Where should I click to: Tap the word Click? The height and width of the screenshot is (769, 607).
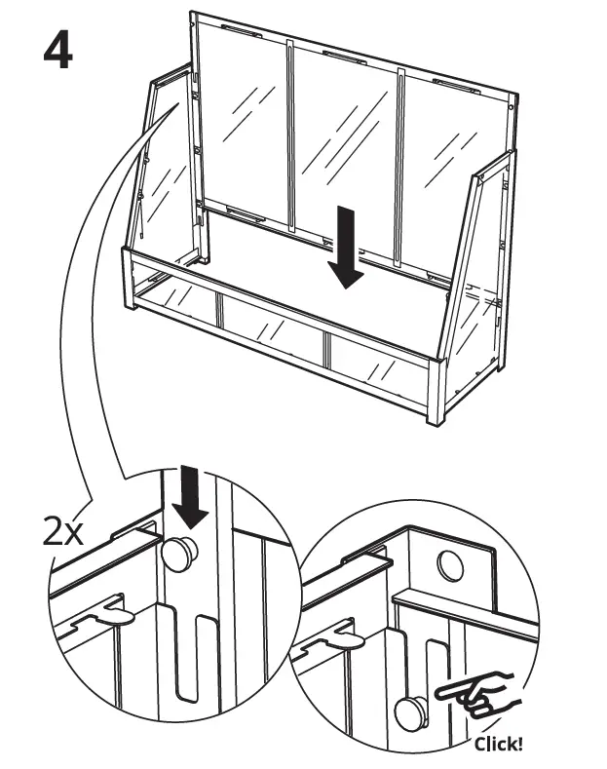[x=498, y=745]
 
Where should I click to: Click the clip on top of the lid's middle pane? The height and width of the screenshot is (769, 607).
[x=345, y=54]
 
